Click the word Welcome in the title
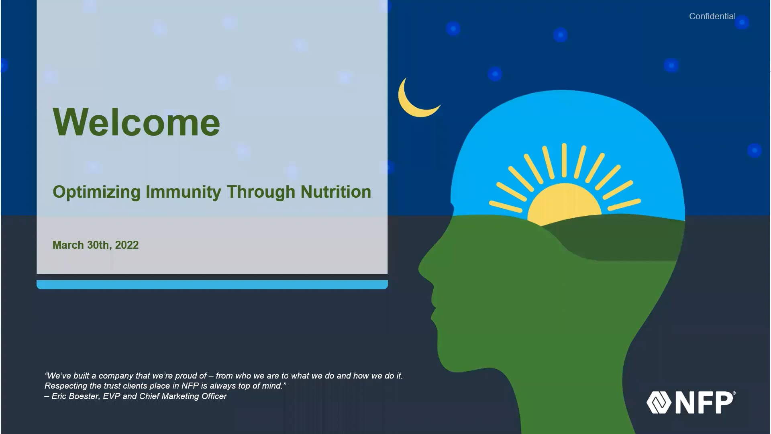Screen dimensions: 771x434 point(137,122)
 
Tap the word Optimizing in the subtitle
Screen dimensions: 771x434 point(97,192)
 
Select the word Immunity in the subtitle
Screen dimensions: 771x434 point(183,192)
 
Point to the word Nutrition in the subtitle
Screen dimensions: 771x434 point(336,192)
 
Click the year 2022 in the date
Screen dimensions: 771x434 point(127,245)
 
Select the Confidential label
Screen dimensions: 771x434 point(712,16)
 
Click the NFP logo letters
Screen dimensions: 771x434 point(705,403)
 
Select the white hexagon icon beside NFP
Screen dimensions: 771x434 point(659,403)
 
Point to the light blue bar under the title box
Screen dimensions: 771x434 point(212,285)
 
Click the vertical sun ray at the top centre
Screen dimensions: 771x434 point(564,160)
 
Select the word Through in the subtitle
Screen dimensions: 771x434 point(261,192)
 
